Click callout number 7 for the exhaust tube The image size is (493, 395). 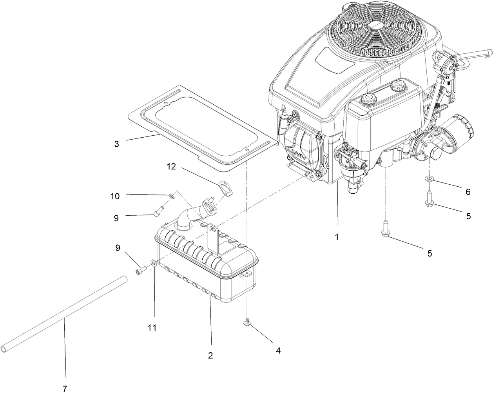pyautogui.click(x=65, y=389)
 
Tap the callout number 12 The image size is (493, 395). pyautogui.click(x=171, y=167)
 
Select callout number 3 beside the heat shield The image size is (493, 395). pyautogui.click(x=116, y=144)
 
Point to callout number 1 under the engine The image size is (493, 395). pyautogui.click(x=336, y=237)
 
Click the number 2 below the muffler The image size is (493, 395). pyautogui.click(x=210, y=355)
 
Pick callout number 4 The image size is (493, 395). pyautogui.click(x=278, y=350)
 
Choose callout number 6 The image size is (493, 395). pyautogui.click(x=468, y=192)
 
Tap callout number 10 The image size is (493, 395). pyautogui.click(x=115, y=196)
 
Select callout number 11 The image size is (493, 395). pyautogui.click(x=152, y=328)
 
